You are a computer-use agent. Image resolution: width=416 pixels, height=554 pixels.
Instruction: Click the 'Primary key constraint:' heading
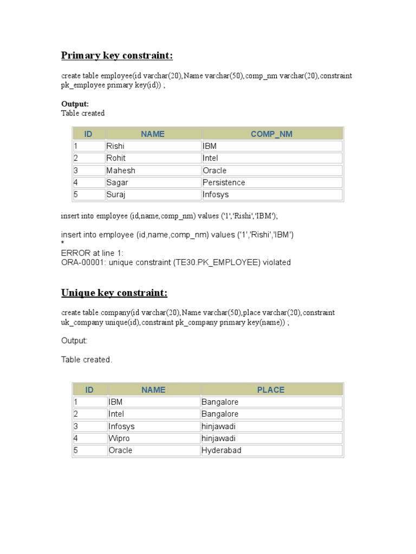117,56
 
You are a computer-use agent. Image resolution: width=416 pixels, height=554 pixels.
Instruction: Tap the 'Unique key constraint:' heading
114,293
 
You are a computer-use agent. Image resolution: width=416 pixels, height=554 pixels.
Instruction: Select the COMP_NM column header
271,134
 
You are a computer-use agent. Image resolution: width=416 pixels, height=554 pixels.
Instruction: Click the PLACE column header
271,390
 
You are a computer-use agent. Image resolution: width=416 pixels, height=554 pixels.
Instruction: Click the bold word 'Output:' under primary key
75,103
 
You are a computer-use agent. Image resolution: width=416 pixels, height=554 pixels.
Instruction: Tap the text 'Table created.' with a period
87,360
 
